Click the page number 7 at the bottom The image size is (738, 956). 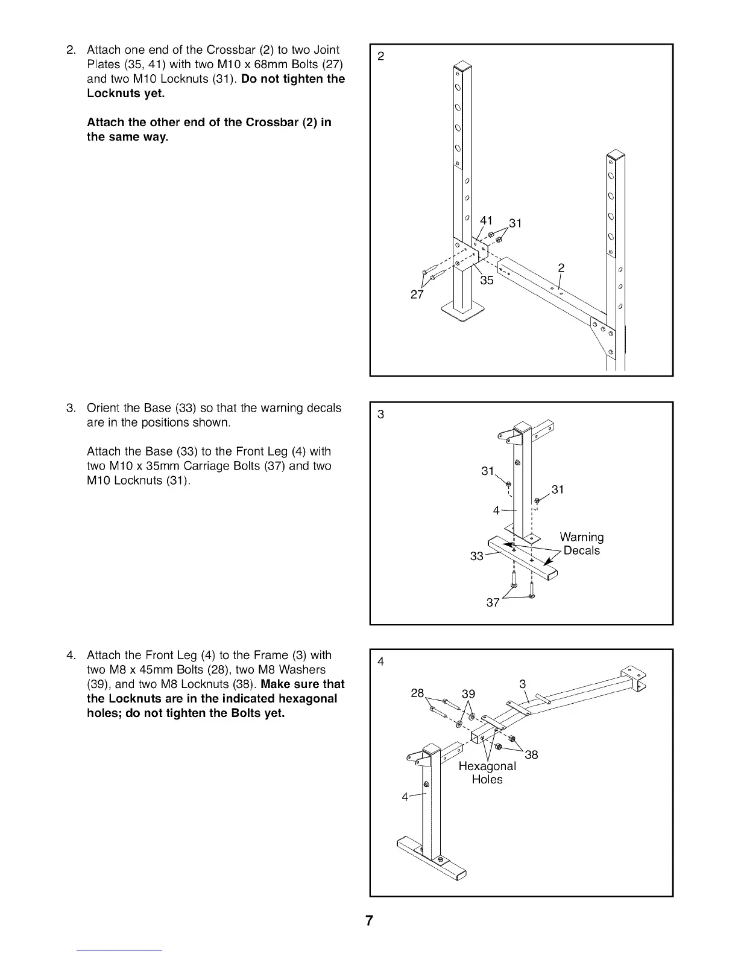point(369,920)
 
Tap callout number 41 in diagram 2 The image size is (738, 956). point(486,220)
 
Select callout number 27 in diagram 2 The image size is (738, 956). point(417,295)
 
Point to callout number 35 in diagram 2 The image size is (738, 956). point(487,280)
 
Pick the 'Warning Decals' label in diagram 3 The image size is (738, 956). point(582,544)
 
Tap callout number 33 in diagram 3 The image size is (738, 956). point(476,556)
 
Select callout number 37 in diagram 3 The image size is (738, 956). point(493,602)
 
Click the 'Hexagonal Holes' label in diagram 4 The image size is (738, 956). point(487,773)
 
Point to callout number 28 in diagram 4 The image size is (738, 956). point(417,693)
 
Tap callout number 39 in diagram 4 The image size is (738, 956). point(468,694)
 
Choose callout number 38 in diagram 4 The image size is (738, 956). point(531,754)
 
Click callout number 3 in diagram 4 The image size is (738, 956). point(523,684)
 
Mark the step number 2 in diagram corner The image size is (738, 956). point(380,56)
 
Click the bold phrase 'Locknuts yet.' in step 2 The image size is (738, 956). point(125,94)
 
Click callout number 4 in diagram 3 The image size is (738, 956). point(496,511)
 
